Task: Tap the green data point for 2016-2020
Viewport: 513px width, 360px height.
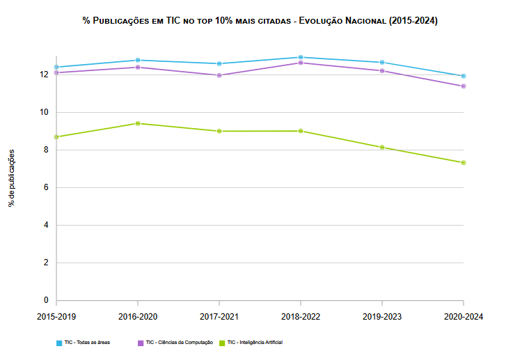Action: click(138, 123)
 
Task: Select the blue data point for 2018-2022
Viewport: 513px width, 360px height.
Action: click(301, 57)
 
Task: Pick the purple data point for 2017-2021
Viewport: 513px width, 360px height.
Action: click(219, 75)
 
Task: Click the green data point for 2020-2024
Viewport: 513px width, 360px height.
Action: click(464, 163)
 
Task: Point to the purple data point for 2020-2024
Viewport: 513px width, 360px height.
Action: click(464, 86)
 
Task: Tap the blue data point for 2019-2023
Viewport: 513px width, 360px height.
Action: click(382, 63)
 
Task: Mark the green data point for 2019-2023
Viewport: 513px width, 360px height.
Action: click(382, 148)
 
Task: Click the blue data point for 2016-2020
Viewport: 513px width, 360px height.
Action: click(138, 60)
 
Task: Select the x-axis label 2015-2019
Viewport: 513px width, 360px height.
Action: click(56, 316)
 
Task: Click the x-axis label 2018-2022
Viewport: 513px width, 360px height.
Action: click(301, 316)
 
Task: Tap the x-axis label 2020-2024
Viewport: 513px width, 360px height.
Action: click(463, 316)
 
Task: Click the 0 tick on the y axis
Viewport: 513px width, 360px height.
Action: click(45, 301)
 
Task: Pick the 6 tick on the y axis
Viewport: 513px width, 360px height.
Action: click(45, 187)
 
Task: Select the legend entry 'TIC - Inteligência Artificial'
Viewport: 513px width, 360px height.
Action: click(255, 343)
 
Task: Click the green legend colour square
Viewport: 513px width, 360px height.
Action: click(222, 343)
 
